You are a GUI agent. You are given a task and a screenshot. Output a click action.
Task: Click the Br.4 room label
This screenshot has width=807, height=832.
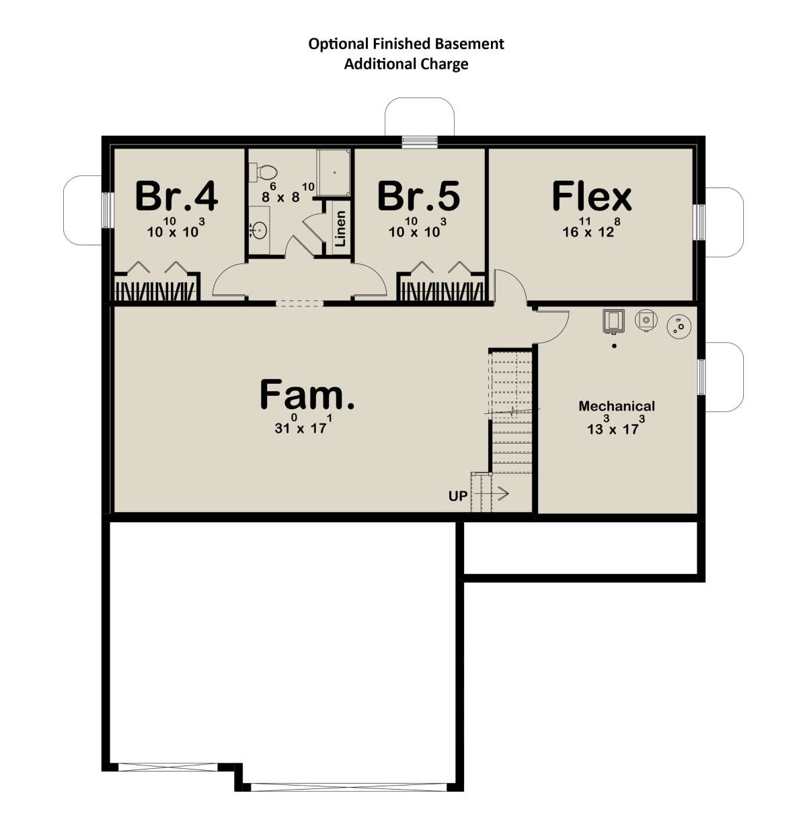176,196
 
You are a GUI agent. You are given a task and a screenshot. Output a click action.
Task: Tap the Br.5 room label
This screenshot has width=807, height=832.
418,196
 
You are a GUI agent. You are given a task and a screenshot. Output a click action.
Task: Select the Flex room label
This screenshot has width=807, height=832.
592,196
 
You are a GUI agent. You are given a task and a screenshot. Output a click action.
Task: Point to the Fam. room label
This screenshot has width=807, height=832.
307,394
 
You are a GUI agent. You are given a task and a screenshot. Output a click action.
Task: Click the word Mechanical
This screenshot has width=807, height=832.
617,406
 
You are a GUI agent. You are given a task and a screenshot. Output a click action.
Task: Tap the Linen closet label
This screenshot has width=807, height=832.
340,228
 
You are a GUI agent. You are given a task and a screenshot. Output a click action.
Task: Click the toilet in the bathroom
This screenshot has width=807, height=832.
263,172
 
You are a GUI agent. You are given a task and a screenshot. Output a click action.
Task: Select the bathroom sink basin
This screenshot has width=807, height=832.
259,231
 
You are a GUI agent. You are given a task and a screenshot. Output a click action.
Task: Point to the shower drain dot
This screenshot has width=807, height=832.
335,172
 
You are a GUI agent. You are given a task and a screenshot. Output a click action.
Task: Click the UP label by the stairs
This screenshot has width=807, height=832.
457,496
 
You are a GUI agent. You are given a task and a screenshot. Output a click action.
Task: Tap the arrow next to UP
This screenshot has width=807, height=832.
491,494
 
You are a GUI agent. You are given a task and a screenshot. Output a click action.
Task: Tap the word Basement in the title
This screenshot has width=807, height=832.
469,44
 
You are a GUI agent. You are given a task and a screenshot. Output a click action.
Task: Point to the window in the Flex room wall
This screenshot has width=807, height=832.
699,222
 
